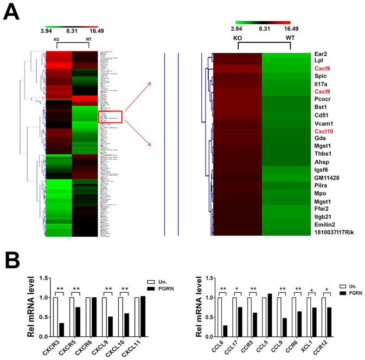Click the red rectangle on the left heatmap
pos(110,117)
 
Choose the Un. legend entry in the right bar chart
pos(351,286)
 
